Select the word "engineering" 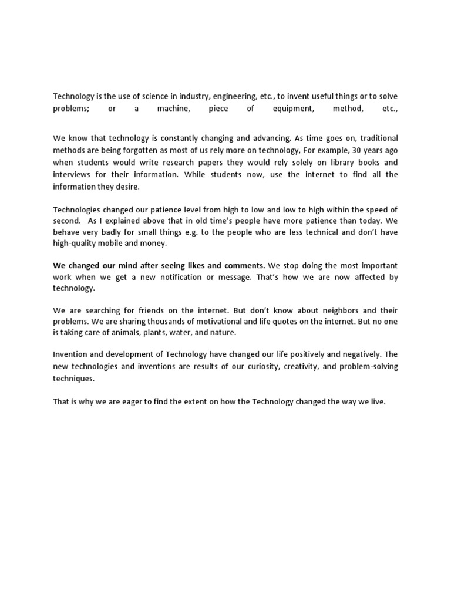(234, 96)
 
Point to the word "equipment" (294, 109)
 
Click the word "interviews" (72, 175)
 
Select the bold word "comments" (243, 265)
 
